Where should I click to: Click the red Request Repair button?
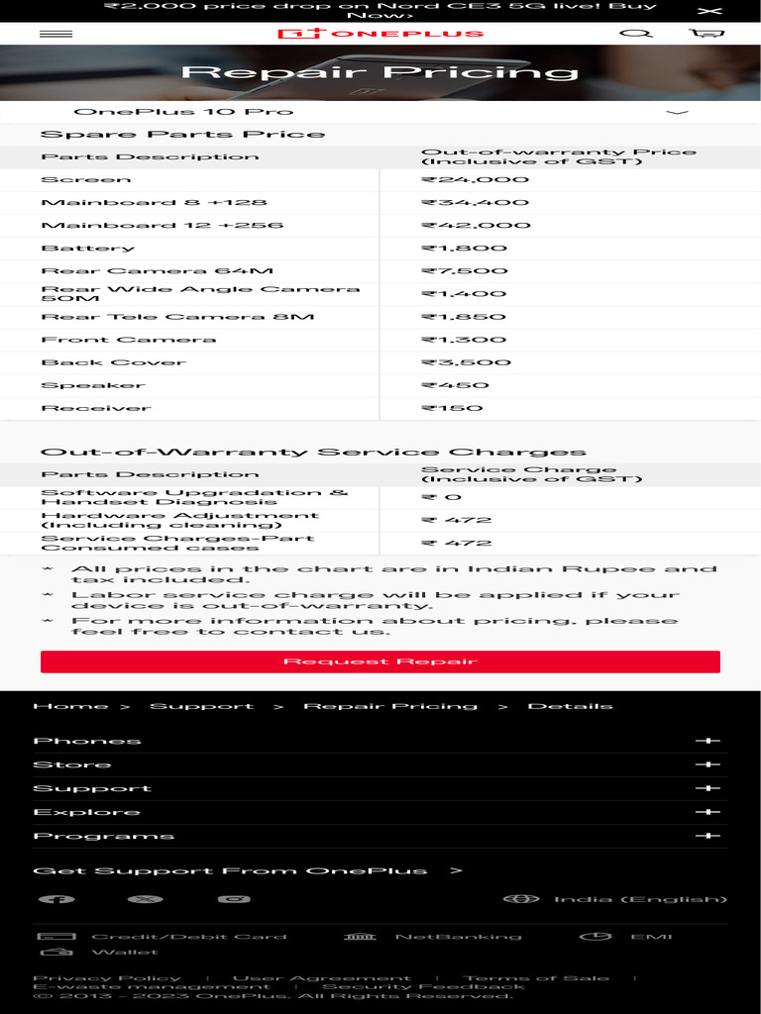[380, 661]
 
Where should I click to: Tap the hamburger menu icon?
[55, 34]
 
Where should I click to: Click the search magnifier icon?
[635, 34]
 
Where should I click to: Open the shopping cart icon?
[707, 34]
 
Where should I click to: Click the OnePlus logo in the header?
[380, 34]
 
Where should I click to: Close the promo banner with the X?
[709, 11]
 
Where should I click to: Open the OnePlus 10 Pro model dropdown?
[380, 112]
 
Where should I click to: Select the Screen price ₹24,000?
[476, 180]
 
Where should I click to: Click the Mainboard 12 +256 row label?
[162, 226]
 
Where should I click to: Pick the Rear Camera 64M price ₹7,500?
[464, 271]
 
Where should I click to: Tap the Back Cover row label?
[113, 362]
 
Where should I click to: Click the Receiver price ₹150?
[452, 408]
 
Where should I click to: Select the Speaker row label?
[92, 385]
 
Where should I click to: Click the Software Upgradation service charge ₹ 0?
[441, 497]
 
